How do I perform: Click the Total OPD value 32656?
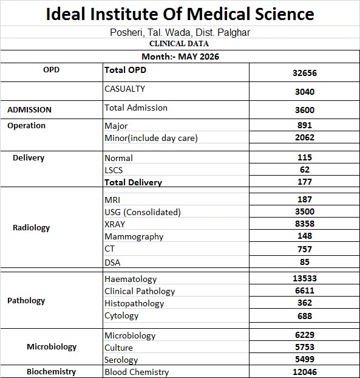pos(305,73)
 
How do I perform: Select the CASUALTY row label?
pos(124,89)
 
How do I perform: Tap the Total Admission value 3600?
pos(305,110)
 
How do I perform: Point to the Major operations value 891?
pos(305,125)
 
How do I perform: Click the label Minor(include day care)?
pos(151,138)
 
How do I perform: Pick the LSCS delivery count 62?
pos(305,170)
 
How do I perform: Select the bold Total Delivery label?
pos(133,182)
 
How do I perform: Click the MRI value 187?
pos(305,199)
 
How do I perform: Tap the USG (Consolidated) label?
pos(143,212)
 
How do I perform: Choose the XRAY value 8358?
pos(305,224)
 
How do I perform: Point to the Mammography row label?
pos(134,237)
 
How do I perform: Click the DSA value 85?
pos(305,262)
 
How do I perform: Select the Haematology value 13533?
pos(305,278)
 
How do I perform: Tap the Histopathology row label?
pos(134,303)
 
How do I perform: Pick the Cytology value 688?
pos(305,316)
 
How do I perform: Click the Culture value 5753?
pos(305,347)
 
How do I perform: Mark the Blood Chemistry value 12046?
pos(305,372)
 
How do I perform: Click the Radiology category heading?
pos(31,228)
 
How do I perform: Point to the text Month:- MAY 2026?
pos(180,57)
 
